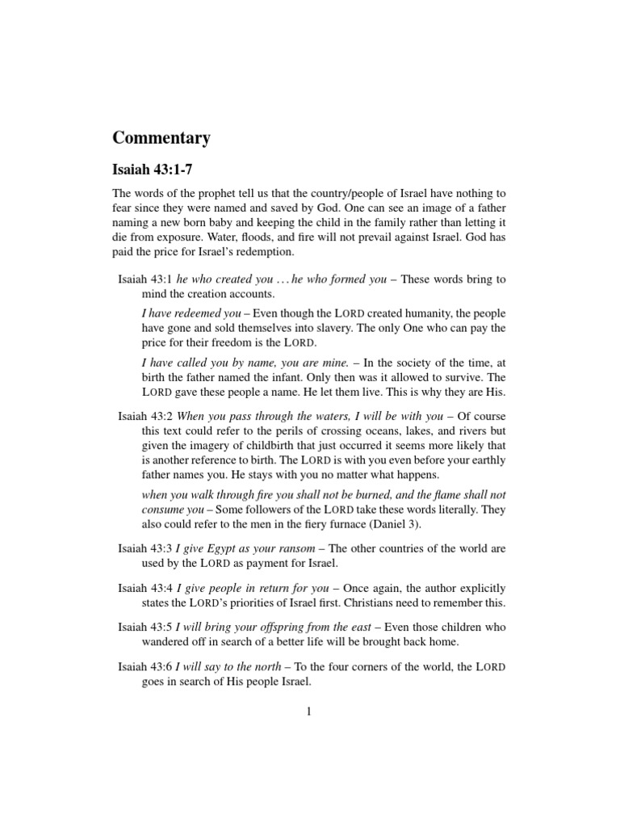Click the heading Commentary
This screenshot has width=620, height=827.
tap(161, 138)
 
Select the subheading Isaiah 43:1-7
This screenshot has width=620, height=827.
tap(153, 172)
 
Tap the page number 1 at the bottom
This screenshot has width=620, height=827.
tap(309, 712)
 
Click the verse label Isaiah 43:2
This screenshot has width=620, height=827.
tap(145, 416)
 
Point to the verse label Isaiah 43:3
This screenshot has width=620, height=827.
tap(145, 548)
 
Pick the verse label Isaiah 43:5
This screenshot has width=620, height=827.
tap(145, 627)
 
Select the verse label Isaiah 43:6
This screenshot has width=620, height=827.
tap(145, 666)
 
